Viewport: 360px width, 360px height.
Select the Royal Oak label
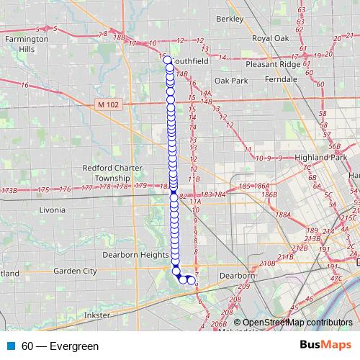click(270, 38)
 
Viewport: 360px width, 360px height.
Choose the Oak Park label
click(230, 80)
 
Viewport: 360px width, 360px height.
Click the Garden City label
click(75, 271)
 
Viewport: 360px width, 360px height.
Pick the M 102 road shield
click(107, 105)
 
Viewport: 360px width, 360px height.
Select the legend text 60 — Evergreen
click(60, 346)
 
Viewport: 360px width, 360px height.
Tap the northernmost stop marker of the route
click(168, 60)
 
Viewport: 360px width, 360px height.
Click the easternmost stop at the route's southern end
click(192, 281)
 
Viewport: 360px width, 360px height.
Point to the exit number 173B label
click(9, 191)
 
